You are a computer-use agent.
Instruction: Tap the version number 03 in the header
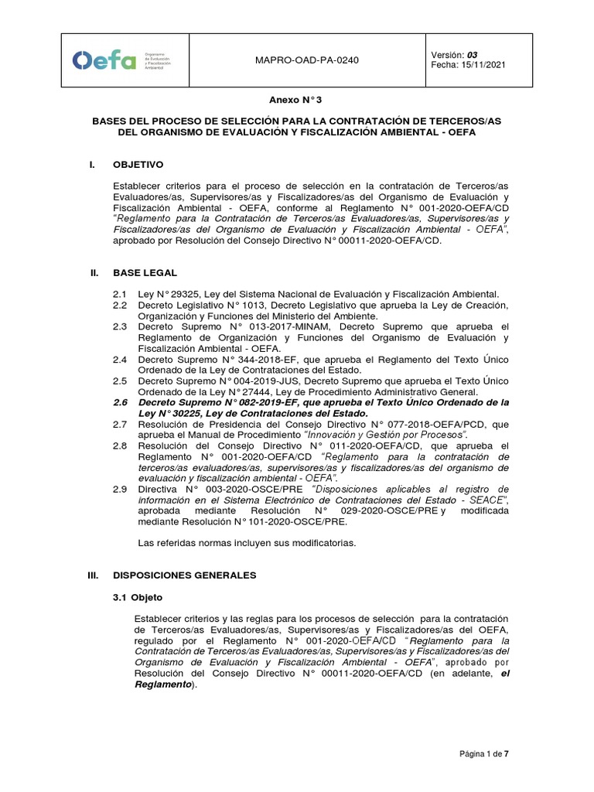click(x=472, y=54)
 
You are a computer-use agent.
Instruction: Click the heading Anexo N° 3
click(x=296, y=101)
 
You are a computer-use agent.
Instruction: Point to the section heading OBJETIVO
click(x=138, y=165)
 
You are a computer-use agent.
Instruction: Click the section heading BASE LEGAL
click(x=145, y=273)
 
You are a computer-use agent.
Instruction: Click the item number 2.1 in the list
click(x=119, y=294)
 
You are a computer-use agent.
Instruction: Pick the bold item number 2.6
click(x=119, y=402)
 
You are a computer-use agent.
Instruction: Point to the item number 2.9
click(x=119, y=490)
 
